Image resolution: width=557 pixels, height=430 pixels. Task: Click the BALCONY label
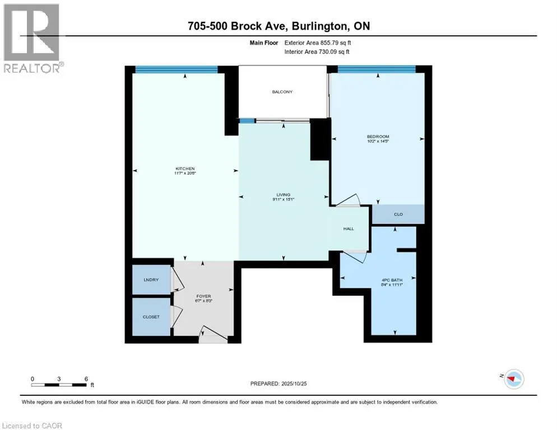pyautogui.click(x=282, y=92)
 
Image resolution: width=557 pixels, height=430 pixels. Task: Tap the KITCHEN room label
pyautogui.click(x=184, y=169)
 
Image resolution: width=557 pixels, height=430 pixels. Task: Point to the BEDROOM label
pyautogui.click(x=378, y=137)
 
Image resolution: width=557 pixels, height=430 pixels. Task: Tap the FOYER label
pyautogui.click(x=203, y=296)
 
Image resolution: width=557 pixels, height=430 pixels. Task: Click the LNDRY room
pyautogui.click(x=151, y=279)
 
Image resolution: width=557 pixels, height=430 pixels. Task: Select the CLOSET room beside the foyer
pyautogui.click(x=151, y=317)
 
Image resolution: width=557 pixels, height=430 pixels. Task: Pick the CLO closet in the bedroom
pyautogui.click(x=398, y=214)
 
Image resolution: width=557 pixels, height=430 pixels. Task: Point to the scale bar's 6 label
pyautogui.click(x=86, y=378)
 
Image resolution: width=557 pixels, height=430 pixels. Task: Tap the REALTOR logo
pyautogui.click(x=33, y=38)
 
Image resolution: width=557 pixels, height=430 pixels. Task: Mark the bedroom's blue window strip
pyautogui.click(x=376, y=69)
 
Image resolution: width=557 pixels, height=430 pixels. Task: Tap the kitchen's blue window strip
pyautogui.click(x=176, y=69)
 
